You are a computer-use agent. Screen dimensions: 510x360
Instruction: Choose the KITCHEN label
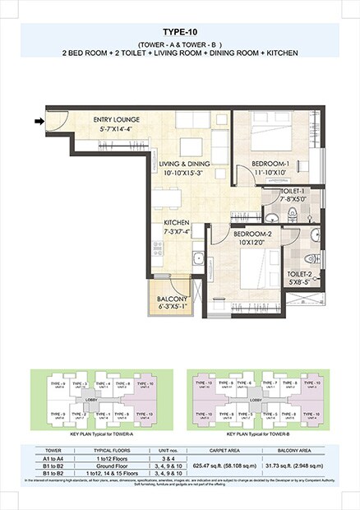click(x=178, y=223)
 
